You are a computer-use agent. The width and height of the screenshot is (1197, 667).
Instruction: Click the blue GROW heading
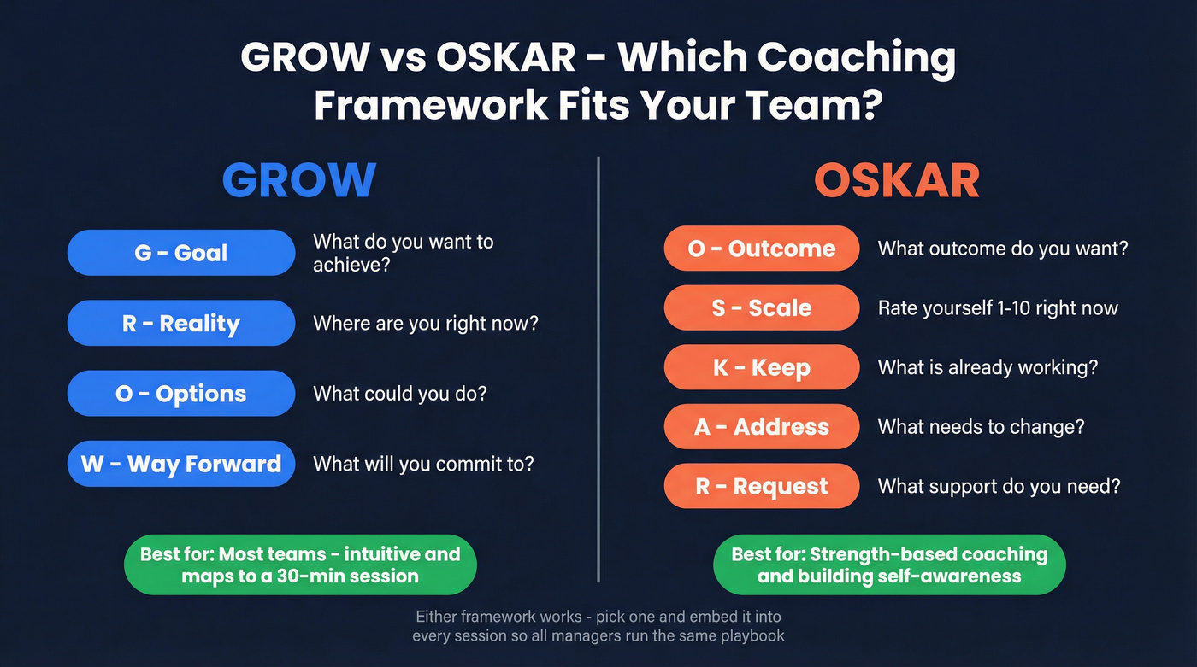tap(299, 179)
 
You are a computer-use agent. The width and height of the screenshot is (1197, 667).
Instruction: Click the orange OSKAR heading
tap(896, 180)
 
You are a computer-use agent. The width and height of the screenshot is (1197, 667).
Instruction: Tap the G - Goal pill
tap(181, 253)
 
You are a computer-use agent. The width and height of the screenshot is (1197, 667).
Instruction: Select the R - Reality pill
tap(181, 324)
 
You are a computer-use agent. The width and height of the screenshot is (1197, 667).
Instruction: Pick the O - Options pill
tap(181, 394)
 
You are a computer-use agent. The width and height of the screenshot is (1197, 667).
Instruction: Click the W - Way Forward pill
tap(181, 464)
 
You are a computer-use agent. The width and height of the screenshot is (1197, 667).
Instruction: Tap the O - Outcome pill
tap(762, 249)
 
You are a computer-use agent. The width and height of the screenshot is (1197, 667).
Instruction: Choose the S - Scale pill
tap(762, 307)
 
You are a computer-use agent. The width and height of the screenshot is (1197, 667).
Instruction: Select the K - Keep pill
tap(762, 367)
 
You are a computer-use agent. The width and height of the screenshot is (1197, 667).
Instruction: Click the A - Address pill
tap(762, 427)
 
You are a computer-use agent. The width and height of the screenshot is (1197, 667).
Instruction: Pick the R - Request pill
tap(762, 486)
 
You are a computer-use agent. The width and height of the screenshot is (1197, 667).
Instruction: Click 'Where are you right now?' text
tap(425, 324)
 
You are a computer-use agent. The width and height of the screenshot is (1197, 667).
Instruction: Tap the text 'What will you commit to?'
tap(423, 464)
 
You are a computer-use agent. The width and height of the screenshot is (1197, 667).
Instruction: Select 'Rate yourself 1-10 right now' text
tap(998, 307)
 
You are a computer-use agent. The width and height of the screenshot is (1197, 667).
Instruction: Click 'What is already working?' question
tap(988, 367)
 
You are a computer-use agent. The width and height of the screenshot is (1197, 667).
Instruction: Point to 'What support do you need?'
tap(999, 486)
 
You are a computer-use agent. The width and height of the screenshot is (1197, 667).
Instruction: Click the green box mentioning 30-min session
tap(300, 565)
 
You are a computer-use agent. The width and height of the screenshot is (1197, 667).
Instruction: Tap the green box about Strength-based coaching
tap(889, 565)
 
